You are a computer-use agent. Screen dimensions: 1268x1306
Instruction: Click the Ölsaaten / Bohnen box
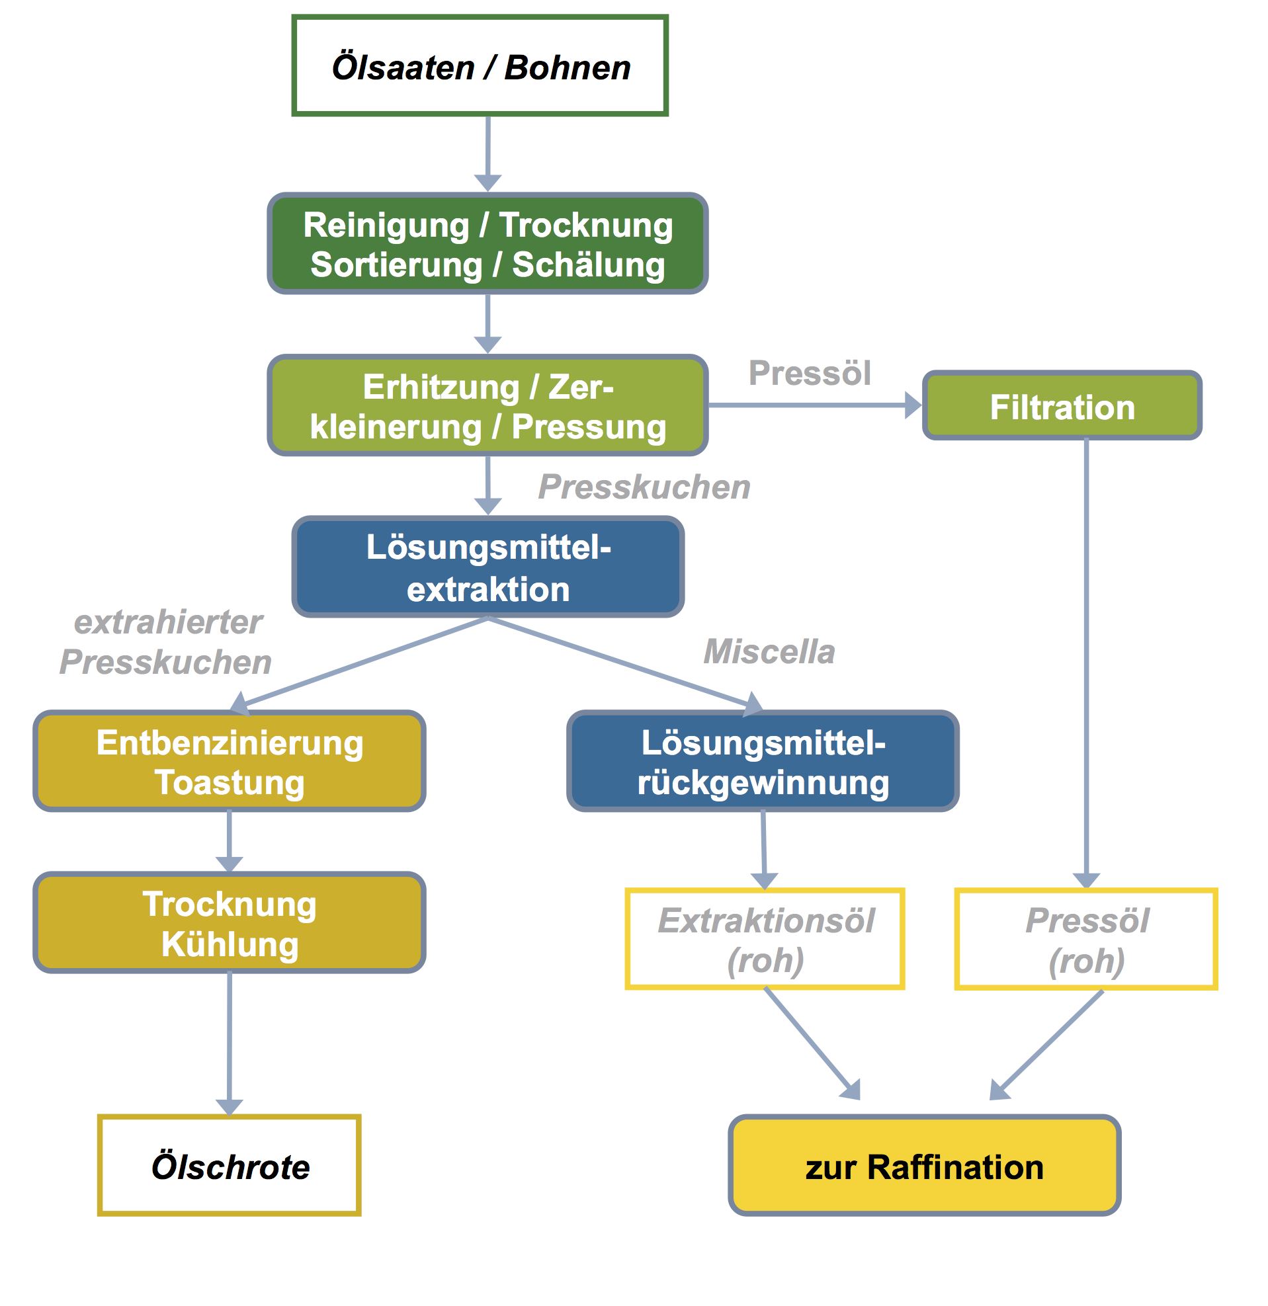coord(480,66)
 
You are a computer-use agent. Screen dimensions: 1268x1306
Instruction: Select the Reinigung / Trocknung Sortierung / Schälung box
coord(487,244)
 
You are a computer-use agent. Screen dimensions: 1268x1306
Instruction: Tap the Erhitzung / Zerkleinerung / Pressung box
coord(487,406)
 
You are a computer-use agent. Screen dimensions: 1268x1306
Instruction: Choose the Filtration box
coord(1062,406)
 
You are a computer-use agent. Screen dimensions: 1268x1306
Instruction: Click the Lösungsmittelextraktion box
coord(488,567)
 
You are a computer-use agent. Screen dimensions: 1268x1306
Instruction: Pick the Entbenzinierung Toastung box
coord(230,761)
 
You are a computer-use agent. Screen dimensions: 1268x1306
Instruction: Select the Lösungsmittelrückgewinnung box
coord(763,761)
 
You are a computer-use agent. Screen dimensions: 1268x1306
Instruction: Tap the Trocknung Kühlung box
coord(230,923)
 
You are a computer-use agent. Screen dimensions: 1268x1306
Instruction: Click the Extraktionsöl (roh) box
coord(765,939)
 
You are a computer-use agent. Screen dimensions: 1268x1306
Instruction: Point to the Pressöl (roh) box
coord(1086,939)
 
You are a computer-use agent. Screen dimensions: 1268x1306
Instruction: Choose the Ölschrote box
coord(230,1166)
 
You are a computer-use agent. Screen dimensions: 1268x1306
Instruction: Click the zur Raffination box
coord(925,1166)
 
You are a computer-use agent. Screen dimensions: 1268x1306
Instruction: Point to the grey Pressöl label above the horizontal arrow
coord(810,372)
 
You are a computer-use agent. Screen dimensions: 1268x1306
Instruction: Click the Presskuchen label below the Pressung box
coord(644,487)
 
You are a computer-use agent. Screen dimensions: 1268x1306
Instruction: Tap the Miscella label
coord(769,651)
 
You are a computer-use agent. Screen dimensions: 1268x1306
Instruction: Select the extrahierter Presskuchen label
coord(167,642)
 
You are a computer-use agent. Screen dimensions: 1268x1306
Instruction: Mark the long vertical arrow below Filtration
coord(1086,664)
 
